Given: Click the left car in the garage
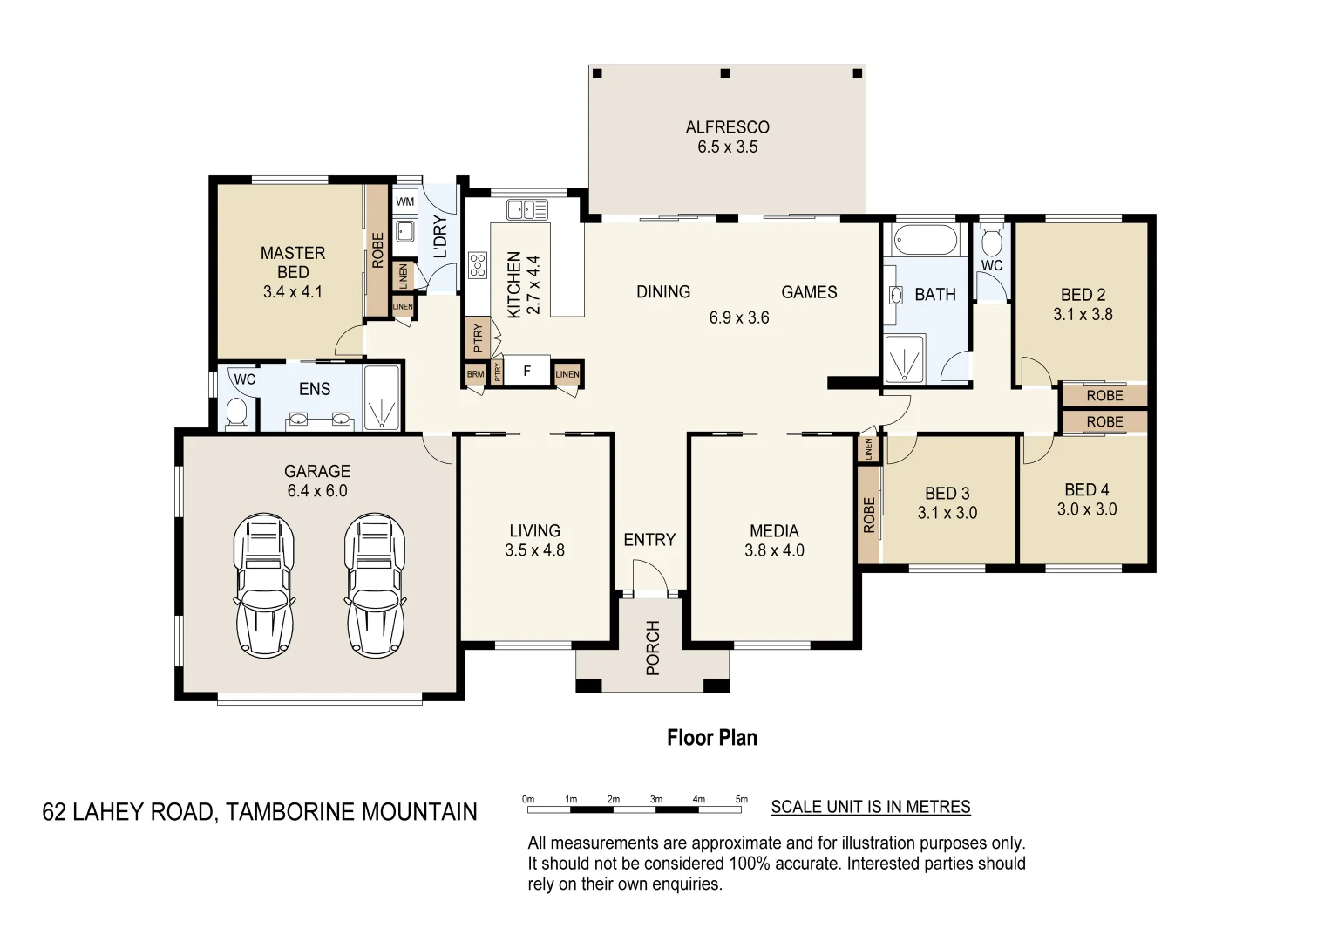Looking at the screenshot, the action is (265, 585).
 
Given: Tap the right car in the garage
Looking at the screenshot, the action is (376, 585).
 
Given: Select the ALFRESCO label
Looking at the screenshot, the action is (727, 127).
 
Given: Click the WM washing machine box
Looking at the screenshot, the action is (405, 201).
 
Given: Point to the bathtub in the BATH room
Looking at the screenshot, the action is (926, 240).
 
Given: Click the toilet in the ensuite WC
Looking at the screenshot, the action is (236, 413).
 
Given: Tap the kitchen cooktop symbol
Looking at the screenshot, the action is (478, 265).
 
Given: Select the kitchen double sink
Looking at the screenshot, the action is (527, 210).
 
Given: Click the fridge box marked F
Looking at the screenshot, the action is (527, 372).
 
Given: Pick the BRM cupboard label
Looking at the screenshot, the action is (475, 374).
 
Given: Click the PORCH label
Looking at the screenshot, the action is (653, 647).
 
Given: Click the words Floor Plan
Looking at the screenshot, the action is (712, 738).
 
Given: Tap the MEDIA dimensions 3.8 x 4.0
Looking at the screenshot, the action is (774, 550).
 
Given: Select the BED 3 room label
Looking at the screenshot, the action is (947, 493).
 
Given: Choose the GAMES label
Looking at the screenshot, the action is (809, 292).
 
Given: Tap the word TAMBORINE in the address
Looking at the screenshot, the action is (290, 812).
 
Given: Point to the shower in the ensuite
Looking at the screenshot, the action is (381, 397).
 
